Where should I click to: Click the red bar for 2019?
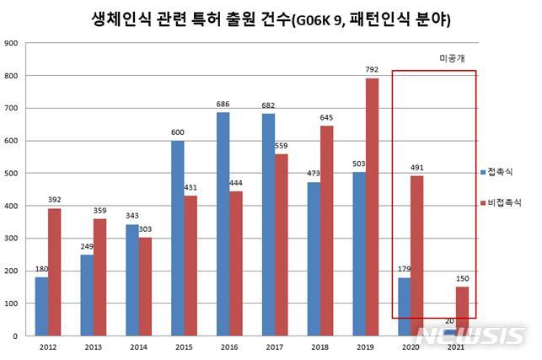tap(372, 207)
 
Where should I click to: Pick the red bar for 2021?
tap(463, 311)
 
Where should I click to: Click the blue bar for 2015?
tap(178, 238)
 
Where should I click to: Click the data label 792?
tap(372, 71)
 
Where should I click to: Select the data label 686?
tap(223, 105)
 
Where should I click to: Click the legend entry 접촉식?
tap(503, 171)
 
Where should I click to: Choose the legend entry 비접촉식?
tap(506, 203)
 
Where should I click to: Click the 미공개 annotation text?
tap(453, 58)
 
